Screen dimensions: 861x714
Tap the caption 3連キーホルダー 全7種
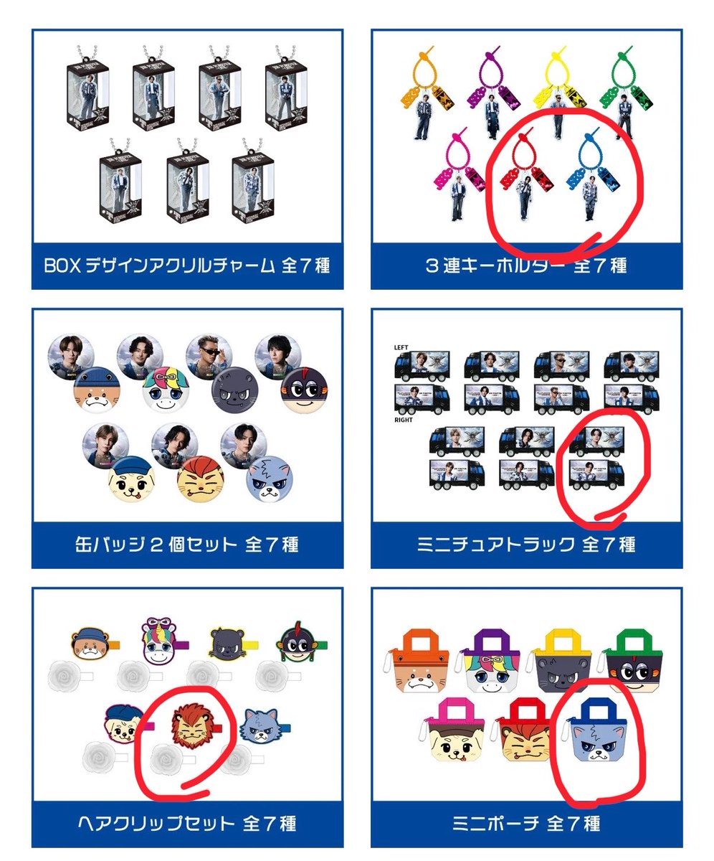point(525,265)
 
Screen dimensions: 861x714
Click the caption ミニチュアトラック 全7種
point(525,545)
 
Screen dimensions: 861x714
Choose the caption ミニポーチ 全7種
point(525,822)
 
